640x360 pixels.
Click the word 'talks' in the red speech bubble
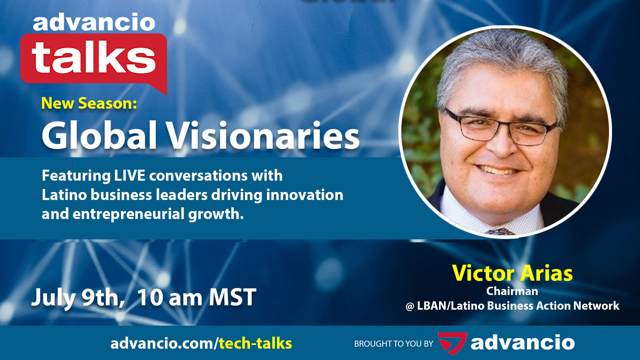pos(94,57)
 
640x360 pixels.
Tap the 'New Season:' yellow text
pos(89,103)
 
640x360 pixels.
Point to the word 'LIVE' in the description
pos(130,176)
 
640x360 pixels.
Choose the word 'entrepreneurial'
pos(128,214)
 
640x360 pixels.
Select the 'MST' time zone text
pos(232,297)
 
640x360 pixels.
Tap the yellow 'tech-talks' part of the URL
pos(255,343)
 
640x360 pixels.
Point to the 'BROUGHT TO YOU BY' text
pos(394,344)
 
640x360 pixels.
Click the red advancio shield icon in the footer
pos(452,343)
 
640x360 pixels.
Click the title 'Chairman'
pos(512,291)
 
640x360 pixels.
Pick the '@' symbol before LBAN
pos(410,306)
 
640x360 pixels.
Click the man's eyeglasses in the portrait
pos(500,128)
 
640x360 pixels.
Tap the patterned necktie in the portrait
pos(500,231)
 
